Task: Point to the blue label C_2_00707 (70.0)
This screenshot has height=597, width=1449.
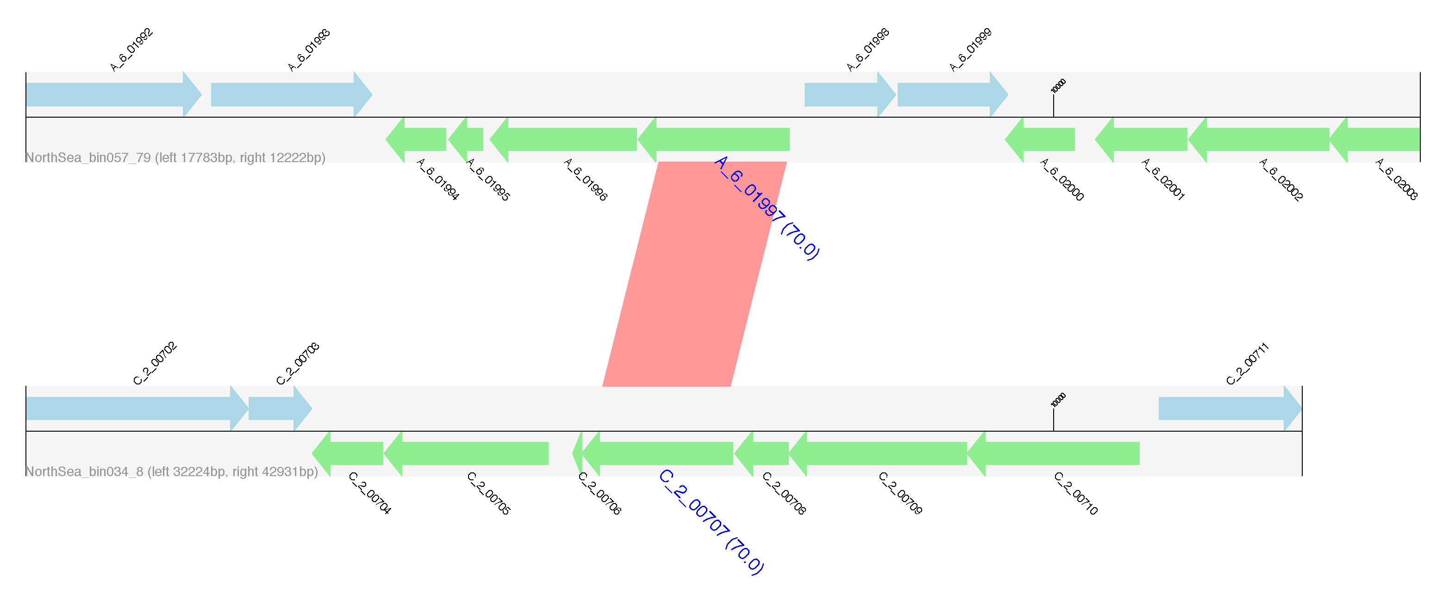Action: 711,522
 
